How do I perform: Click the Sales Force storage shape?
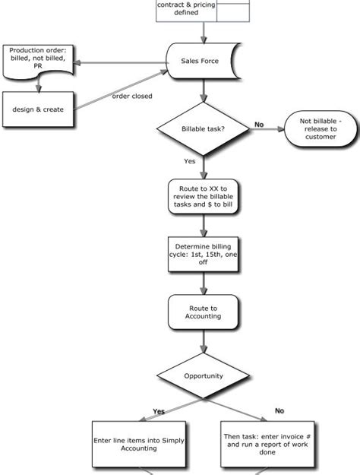click(x=204, y=61)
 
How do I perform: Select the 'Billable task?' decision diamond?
click(x=203, y=129)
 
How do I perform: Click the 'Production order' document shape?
click(x=37, y=60)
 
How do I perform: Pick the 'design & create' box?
click(x=37, y=109)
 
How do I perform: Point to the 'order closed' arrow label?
click(x=131, y=97)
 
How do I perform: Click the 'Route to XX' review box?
click(x=203, y=195)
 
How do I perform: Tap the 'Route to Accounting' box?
click(x=203, y=312)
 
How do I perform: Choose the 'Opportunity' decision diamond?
click(x=203, y=376)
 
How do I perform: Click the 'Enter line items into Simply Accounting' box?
click(x=139, y=444)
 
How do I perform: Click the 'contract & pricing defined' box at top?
click(x=186, y=9)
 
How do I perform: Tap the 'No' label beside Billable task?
click(x=259, y=125)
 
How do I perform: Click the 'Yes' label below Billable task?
click(x=190, y=161)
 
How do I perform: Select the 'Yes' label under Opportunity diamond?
click(x=158, y=411)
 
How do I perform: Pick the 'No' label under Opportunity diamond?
click(x=279, y=410)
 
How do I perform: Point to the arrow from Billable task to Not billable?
click(x=266, y=129)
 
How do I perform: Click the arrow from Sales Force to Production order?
click(x=122, y=62)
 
